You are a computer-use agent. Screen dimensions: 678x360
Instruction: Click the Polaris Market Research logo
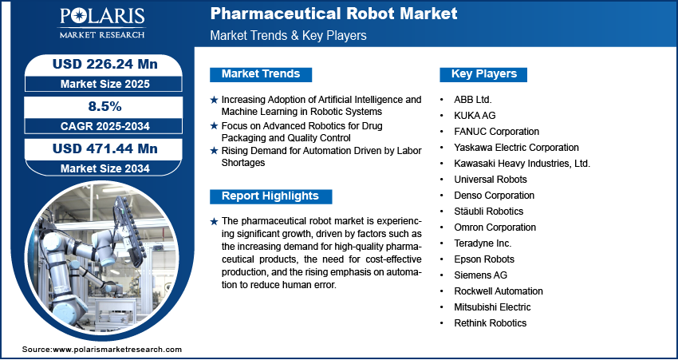(x=102, y=23)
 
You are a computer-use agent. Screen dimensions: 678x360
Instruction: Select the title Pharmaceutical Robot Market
(x=333, y=14)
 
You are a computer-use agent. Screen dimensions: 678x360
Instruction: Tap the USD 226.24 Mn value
(x=105, y=64)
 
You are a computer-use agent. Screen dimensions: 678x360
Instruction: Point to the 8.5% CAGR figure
(x=104, y=106)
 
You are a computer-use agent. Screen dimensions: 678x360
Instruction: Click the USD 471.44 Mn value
(x=105, y=148)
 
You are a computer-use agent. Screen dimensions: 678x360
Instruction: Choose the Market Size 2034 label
(x=105, y=168)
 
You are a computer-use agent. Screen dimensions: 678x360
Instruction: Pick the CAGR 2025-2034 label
(x=105, y=126)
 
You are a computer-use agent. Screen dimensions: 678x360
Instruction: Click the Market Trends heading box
(x=261, y=74)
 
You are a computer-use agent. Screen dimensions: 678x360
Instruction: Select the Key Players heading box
(x=483, y=74)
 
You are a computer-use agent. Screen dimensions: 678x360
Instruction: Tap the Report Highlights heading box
(x=270, y=196)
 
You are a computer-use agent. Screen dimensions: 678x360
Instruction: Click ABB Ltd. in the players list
(x=473, y=100)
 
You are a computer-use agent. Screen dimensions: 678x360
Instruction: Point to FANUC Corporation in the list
(x=496, y=132)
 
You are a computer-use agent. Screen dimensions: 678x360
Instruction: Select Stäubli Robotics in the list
(x=489, y=212)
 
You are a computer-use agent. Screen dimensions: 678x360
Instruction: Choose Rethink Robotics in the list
(x=491, y=322)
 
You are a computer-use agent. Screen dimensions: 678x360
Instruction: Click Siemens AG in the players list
(x=480, y=275)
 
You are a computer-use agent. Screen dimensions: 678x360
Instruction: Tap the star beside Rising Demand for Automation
(x=214, y=151)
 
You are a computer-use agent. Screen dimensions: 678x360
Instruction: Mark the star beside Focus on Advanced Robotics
(x=214, y=126)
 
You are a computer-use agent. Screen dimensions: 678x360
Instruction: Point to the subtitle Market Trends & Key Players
(x=289, y=35)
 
